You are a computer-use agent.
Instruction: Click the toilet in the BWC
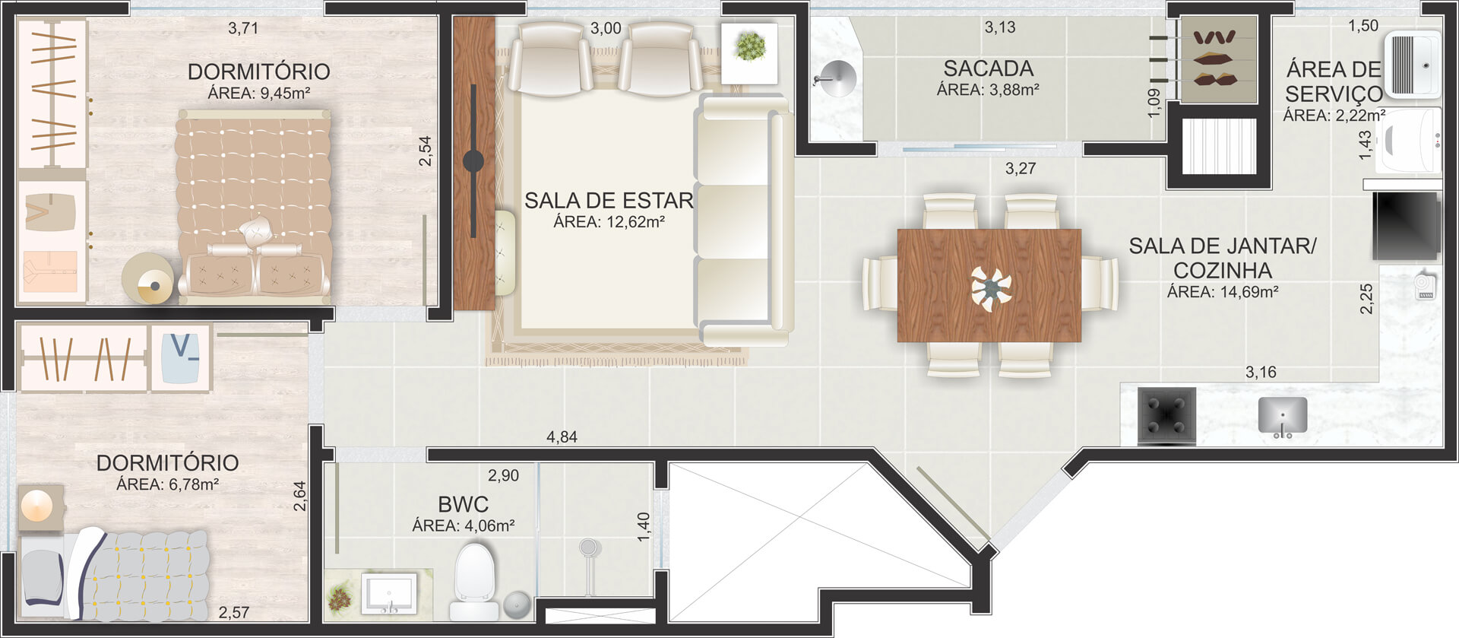pyautogui.click(x=475, y=582)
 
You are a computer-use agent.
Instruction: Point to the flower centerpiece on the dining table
pyautogui.click(x=991, y=288)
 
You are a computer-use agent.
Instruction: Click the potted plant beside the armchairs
pyautogui.click(x=750, y=47)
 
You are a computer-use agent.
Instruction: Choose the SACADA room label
pyautogui.click(x=988, y=68)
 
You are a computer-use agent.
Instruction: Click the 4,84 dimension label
pyautogui.click(x=562, y=436)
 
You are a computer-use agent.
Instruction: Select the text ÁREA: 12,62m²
pyautogui.click(x=609, y=222)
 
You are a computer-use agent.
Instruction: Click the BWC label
pyautogui.click(x=463, y=504)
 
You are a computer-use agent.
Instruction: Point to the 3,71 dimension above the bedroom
pyautogui.click(x=243, y=28)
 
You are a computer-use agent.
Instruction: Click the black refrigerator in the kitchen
pyautogui.click(x=1407, y=226)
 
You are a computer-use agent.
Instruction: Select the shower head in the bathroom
pyautogui.click(x=589, y=547)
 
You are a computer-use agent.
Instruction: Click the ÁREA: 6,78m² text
pyautogui.click(x=167, y=484)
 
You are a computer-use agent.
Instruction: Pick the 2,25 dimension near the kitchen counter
pyautogui.click(x=1366, y=299)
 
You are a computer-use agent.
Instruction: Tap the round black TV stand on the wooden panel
pyautogui.click(x=473, y=160)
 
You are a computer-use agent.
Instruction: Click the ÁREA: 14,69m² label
pyautogui.click(x=1222, y=291)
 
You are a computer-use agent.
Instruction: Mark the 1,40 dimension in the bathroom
pyautogui.click(x=643, y=526)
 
